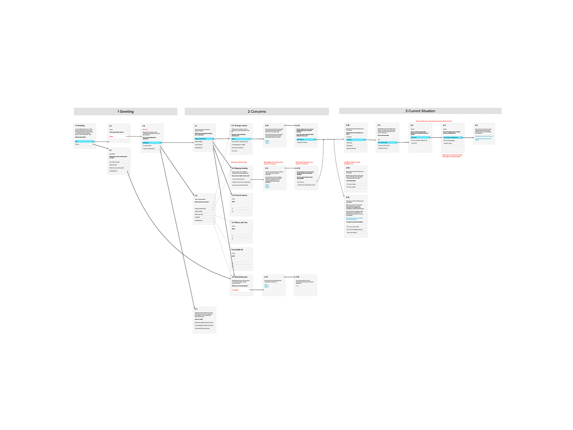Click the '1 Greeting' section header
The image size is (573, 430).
(126, 111)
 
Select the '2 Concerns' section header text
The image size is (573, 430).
(256, 111)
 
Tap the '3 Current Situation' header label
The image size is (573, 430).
(420, 111)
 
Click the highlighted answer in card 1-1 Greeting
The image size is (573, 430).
(85, 141)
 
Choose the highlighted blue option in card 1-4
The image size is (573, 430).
(152, 142)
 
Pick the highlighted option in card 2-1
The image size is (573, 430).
(204, 139)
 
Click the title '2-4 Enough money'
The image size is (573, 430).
(239, 125)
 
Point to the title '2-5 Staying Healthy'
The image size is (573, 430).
(240, 168)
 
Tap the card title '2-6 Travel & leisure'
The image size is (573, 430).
(240, 195)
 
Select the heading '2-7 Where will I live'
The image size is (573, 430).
(240, 222)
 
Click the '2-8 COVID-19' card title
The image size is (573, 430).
(237, 249)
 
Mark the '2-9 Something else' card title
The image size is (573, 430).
(240, 277)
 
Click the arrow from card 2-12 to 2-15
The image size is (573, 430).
(289, 277)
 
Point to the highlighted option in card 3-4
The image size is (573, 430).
(452, 138)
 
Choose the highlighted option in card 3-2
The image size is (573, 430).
(387, 142)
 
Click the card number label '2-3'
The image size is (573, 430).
(196, 309)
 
